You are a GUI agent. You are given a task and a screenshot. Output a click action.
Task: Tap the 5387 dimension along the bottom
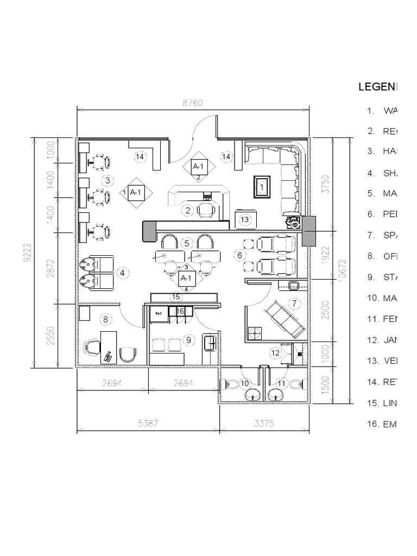148,424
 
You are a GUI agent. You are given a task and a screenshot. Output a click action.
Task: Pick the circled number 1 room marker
262,187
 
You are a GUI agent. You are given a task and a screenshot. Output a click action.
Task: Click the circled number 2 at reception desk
188,210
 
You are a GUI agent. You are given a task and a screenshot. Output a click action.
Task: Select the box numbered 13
245,219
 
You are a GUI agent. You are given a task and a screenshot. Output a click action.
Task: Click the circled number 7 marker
294,303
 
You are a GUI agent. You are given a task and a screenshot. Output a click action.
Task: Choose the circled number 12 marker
275,353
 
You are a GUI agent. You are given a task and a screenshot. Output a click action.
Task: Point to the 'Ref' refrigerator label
159,313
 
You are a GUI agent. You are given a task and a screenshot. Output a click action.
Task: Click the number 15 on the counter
175,296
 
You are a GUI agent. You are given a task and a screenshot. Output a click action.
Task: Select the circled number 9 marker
189,340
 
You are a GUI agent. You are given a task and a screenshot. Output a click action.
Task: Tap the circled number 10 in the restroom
244,383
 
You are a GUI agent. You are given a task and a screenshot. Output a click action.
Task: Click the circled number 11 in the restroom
281,383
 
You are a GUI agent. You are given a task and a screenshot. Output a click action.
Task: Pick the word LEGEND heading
377,87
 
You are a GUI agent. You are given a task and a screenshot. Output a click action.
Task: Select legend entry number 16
380,424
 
